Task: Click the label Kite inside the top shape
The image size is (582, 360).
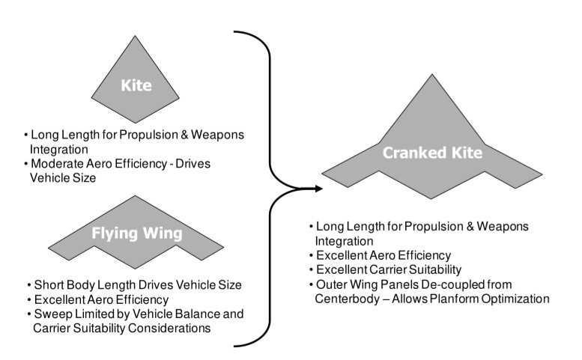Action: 136,86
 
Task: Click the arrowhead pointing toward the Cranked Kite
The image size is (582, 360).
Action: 318,188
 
